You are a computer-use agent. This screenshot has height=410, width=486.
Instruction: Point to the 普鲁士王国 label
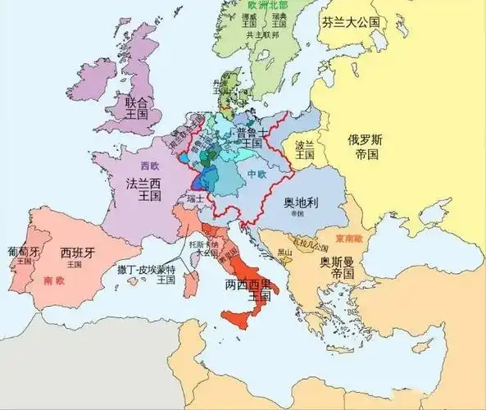coord(252,139)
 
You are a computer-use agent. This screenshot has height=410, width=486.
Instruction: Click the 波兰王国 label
coord(305,150)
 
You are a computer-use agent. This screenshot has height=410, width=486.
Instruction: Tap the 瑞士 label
coord(196,199)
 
